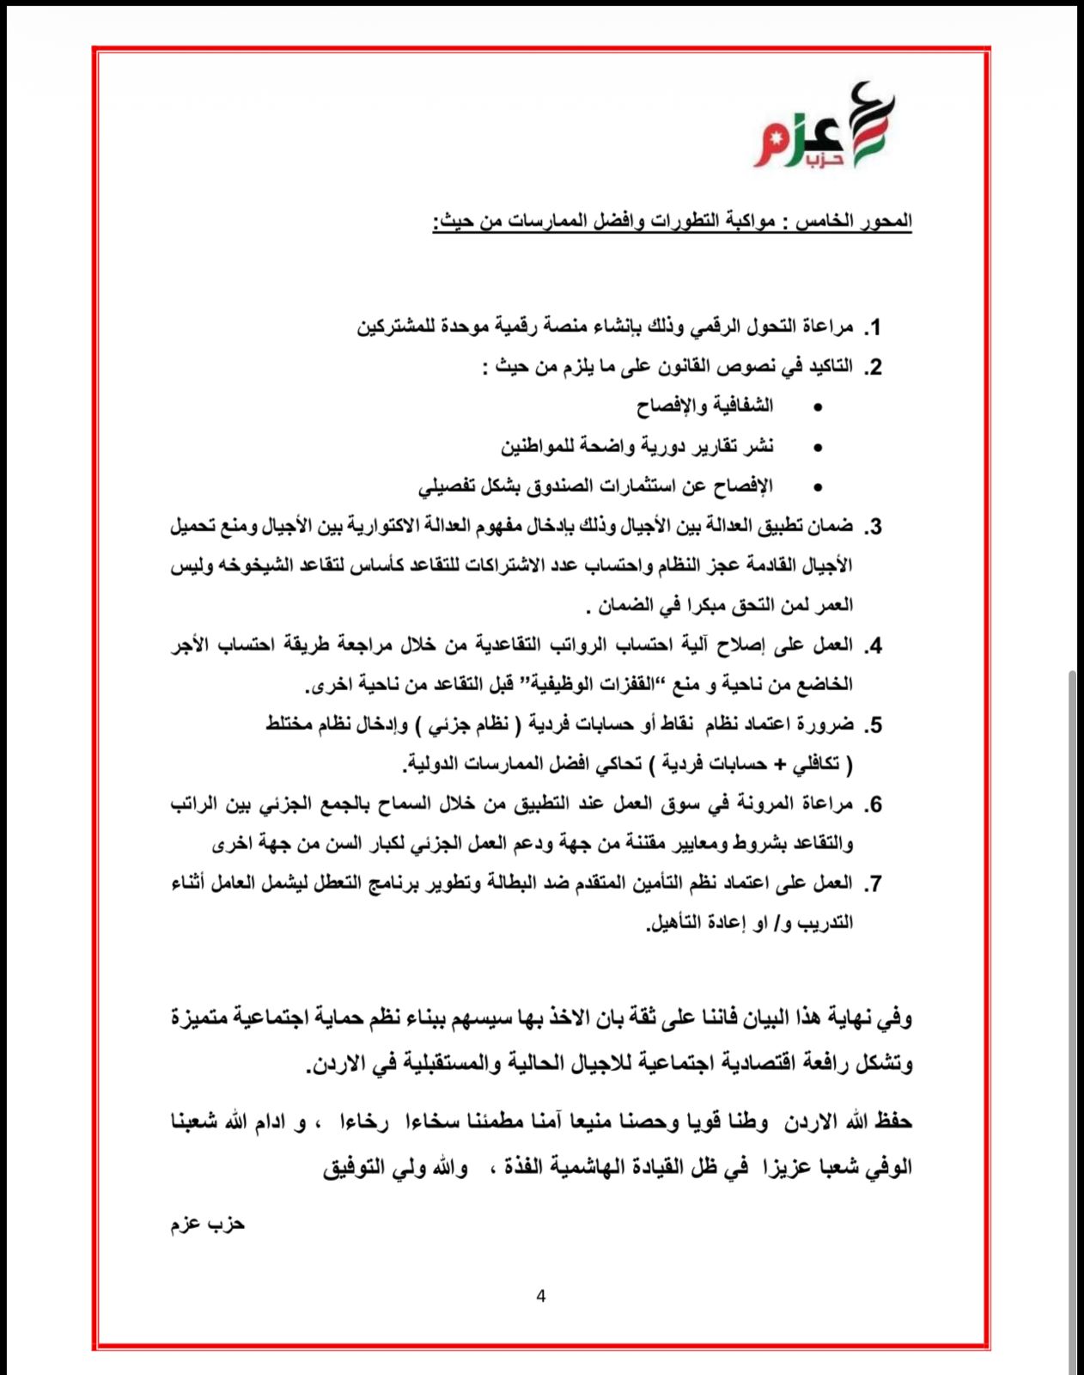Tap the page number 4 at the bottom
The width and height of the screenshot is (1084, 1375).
(x=540, y=1296)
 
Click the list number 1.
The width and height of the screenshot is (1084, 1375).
(x=873, y=327)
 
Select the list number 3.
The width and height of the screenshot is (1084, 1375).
(x=873, y=527)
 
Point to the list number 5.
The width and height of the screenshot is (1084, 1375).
(x=873, y=725)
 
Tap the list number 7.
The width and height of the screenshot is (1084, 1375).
(x=873, y=883)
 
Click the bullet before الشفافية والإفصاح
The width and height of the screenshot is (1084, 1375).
(x=817, y=407)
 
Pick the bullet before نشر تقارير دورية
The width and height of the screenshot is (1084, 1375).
(x=817, y=447)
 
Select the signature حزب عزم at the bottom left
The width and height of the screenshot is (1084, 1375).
(x=207, y=1224)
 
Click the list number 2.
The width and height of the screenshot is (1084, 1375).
(x=873, y=368)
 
